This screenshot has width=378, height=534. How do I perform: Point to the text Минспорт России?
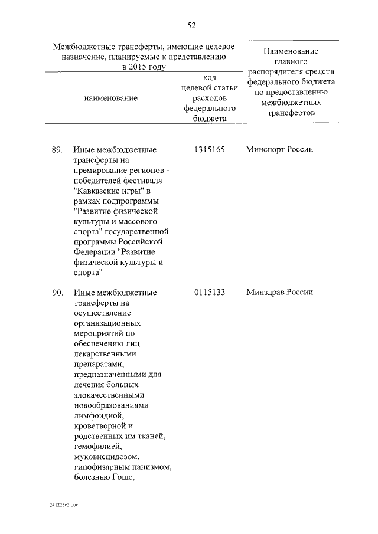[x=279, y=149]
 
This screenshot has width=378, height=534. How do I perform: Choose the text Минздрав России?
[x=279, y=293]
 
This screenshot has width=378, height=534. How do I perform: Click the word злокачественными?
[x=110, y=395]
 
